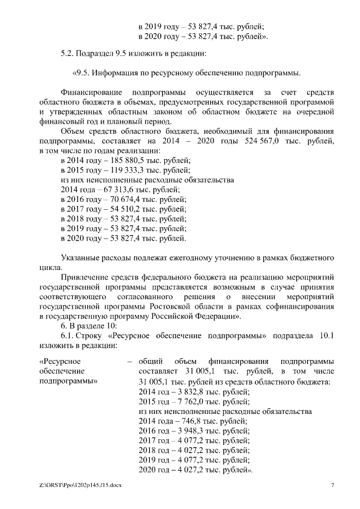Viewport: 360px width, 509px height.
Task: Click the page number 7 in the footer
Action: (332, 485)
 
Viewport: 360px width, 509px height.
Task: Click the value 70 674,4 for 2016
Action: (119, 199)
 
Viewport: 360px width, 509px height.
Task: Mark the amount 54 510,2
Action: (119, 209)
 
